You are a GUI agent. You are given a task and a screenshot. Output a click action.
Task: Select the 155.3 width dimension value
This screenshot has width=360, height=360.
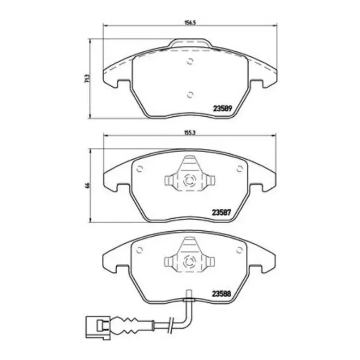click(x=190, y=133)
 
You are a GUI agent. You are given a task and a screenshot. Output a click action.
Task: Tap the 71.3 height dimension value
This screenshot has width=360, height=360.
click(x=87, y=78)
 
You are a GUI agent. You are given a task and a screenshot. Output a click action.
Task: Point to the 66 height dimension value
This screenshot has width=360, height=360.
click(x=87, y=185)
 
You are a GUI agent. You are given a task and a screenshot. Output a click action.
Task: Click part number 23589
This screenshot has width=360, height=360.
click(x=223, y=109)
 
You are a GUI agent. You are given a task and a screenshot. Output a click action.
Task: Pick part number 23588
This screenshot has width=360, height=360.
click(x=221, y=293)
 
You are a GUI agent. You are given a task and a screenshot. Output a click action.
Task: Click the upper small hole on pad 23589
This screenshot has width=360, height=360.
click(x=190, y=61)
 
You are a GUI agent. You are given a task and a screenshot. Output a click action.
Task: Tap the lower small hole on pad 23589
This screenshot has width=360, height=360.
click(x=190, y=94)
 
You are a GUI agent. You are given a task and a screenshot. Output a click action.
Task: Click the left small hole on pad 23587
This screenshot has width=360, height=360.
click(x=140, y=169)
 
